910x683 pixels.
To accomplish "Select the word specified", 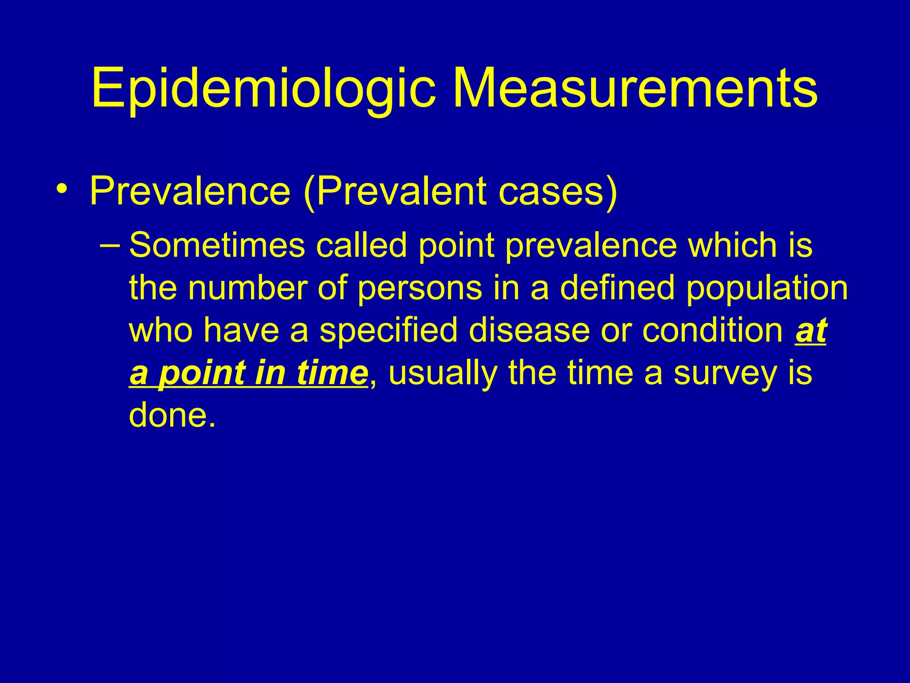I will [388, 331].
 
